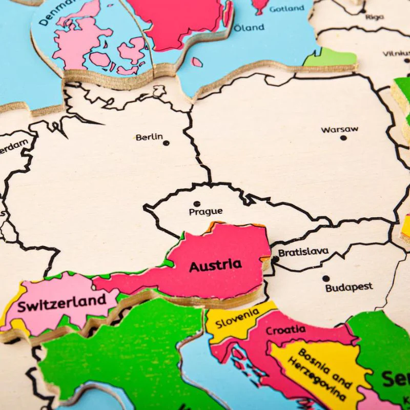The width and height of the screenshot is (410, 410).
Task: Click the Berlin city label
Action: (149, 137)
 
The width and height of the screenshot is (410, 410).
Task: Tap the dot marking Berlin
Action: (166, 143)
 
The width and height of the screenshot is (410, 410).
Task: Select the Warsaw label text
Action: (340, 129)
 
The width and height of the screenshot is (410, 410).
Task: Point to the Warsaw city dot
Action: (343, 137)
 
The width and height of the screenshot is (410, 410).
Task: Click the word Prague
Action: (206, 211)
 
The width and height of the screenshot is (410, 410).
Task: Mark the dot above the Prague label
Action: (197, 203)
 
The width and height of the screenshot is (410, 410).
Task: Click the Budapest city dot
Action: (325, 279)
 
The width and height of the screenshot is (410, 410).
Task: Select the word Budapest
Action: (349, 287)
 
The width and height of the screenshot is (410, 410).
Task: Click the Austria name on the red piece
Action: (215, 265)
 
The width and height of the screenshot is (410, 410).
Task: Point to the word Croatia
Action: (285, 330)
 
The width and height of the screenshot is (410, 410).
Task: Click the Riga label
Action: (374, 17)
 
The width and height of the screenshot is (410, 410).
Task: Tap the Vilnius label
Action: (397, 53)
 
